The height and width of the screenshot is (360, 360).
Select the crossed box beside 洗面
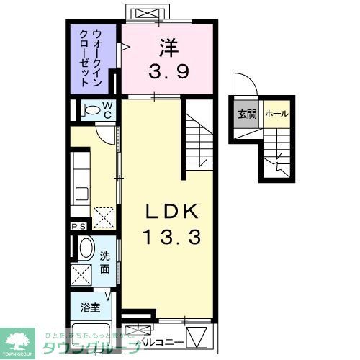coord(81,274)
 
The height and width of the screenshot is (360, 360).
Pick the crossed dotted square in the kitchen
coord(104,216)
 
